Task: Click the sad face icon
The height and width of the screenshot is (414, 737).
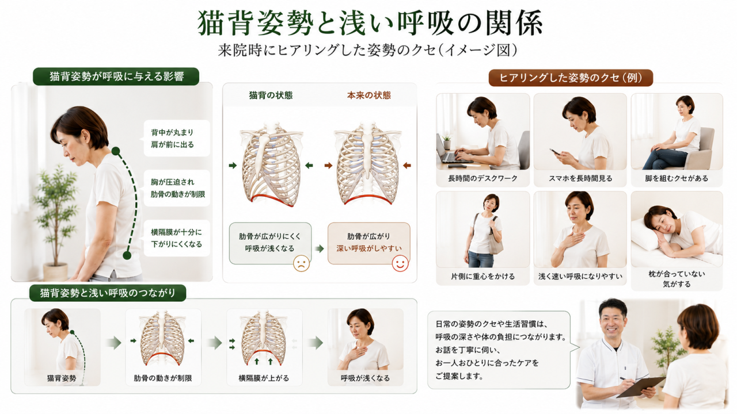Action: pyautogui.click(x=301, y=263)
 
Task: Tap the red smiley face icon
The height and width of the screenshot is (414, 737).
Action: pyautogui.click(x=400, y=263)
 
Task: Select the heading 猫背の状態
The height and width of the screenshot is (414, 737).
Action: pyautogui.click(x=271, y=95)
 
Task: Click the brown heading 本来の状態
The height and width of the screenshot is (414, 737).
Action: pyautogui.click(x=369, y=95)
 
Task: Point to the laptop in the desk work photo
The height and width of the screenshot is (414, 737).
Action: pyautogui.click(x=451, y=151)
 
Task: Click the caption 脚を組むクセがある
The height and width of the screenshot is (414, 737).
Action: pyautogui.click(x=677, y=178)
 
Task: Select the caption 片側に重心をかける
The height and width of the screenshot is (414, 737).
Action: pyautogui.click(x=483, y=277)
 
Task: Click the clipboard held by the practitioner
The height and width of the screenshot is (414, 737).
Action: pyautogui.click(x=641, y=387)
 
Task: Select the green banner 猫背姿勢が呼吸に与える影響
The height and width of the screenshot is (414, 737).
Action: pyautogui.click(x=116, y=76)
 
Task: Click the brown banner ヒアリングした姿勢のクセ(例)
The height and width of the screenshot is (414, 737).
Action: pyautogui.click(x=571, y=78)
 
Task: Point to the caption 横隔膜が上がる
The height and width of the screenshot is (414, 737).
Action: pyautogui.click(x=264, y=378)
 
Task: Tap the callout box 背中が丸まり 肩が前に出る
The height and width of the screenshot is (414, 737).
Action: pyautogui.click(x=177, y=139)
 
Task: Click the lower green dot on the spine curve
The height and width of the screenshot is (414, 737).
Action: pyautogui.click(x=127, y=255)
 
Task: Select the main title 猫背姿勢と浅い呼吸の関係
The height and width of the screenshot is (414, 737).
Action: pyautogui.click(x=370, y=23)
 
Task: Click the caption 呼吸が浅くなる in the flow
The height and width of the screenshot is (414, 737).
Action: pyautogui.click(x=365, y=378)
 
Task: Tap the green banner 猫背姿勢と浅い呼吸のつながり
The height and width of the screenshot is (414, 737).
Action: pyautogui.click(x=108, y=293)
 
